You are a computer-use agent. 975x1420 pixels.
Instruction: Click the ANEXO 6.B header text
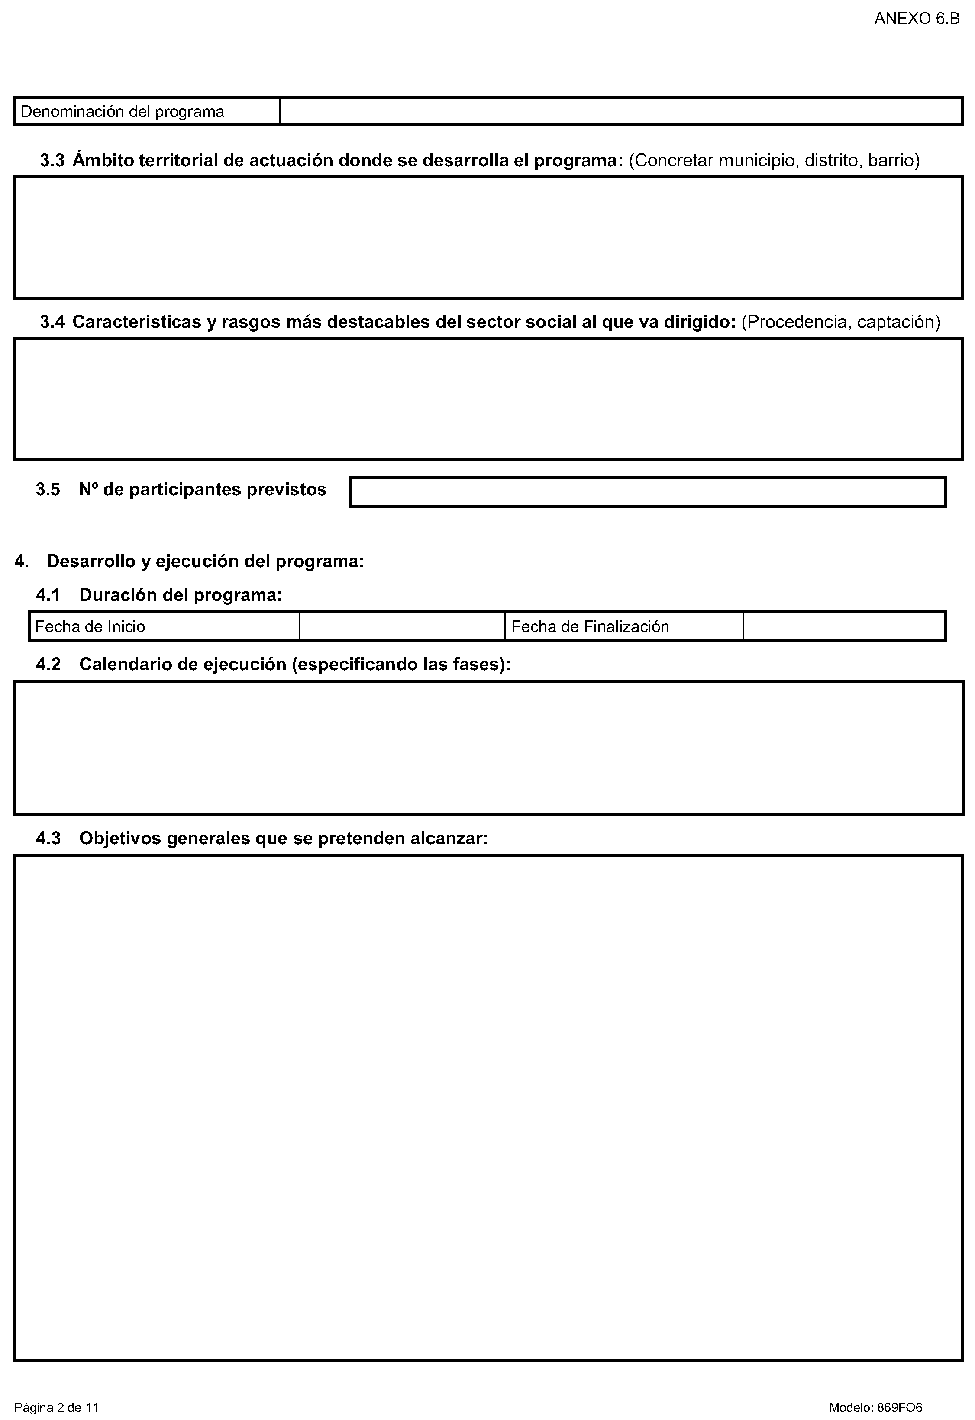(x=917, y=18)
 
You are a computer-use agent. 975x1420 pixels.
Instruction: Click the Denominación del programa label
(x=122, y=112)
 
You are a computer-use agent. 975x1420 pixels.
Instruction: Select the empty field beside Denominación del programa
(x=620, y=111)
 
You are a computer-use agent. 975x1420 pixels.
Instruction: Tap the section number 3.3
(x=52, y=161)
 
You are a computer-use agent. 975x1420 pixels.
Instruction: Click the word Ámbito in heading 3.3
(x=103, y=161)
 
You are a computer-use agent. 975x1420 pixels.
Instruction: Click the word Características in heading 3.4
(x=137, y=322)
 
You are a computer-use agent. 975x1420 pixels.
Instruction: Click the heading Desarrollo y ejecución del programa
(x=205, y=561)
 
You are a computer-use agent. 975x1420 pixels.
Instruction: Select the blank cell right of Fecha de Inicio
(x=402, y=627)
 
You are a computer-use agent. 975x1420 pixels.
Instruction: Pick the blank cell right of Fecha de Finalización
(x=844, y=627)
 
